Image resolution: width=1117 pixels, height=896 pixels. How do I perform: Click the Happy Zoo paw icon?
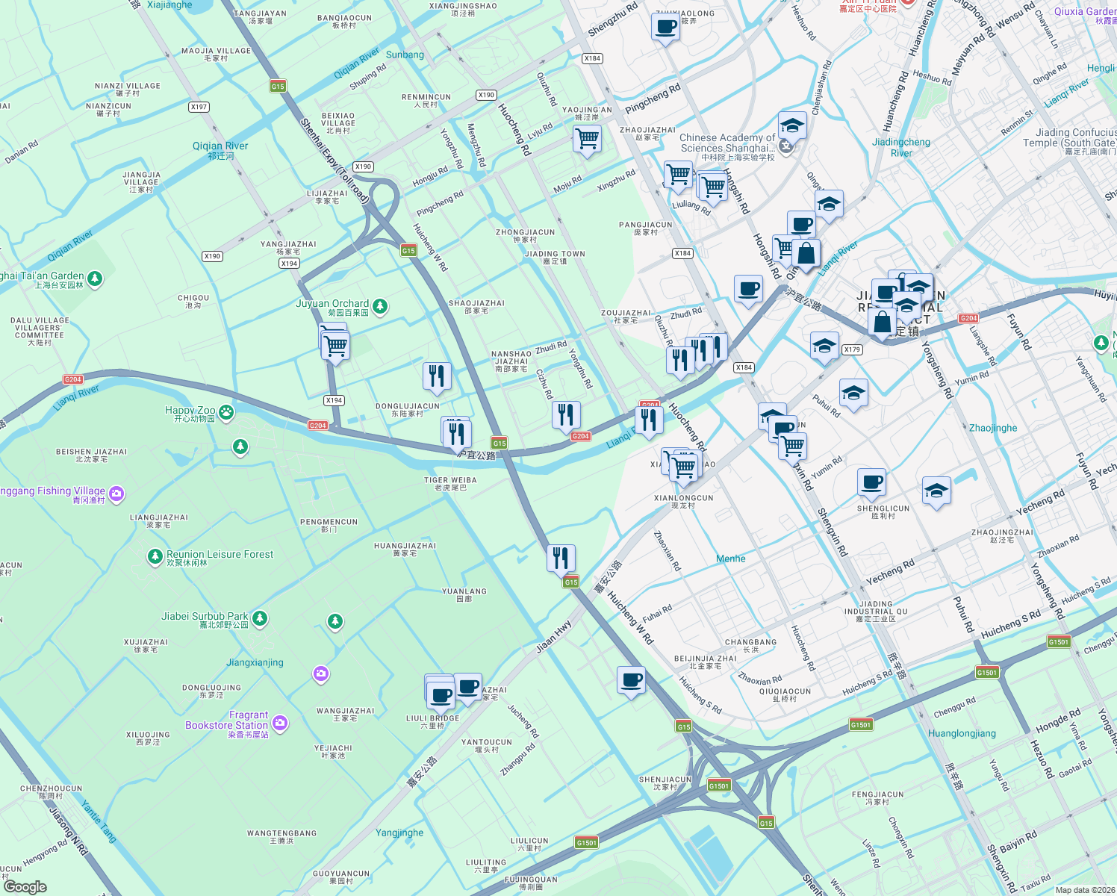[225, 412]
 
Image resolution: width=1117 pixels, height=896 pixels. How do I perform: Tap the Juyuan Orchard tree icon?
[380, 306]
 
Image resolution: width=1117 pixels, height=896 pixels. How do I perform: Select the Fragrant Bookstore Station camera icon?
[280, 722]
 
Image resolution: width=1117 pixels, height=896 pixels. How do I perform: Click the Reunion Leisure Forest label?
[220, 555]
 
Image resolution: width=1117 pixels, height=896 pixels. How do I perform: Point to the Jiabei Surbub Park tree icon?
[260, 618]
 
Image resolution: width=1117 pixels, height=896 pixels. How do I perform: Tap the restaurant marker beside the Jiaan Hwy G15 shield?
[561, 557]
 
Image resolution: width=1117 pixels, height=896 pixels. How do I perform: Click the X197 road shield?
[199, 107]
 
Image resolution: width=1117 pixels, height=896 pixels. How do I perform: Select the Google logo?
[25, 886]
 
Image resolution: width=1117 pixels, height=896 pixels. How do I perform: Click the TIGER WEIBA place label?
[450, 480]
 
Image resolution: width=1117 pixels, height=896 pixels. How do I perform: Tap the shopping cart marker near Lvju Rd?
[587, 138]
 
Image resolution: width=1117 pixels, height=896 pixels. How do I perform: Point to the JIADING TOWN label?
[554, 254]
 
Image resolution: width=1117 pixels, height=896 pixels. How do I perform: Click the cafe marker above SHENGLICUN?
[871, 482]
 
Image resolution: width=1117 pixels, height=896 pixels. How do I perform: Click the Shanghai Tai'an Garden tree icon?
[95, 279]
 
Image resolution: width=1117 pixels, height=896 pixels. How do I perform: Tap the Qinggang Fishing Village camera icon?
[116, 494]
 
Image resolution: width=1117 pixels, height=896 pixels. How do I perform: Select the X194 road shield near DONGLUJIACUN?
[334, 400]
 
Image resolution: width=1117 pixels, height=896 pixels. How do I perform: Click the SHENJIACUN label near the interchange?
[665, 780]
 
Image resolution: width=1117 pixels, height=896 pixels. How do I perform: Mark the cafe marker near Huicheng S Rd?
[631, 679]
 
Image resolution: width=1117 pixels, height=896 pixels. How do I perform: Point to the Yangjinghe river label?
[399, 833]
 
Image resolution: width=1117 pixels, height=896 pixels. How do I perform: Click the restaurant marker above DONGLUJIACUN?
[437, 376]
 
